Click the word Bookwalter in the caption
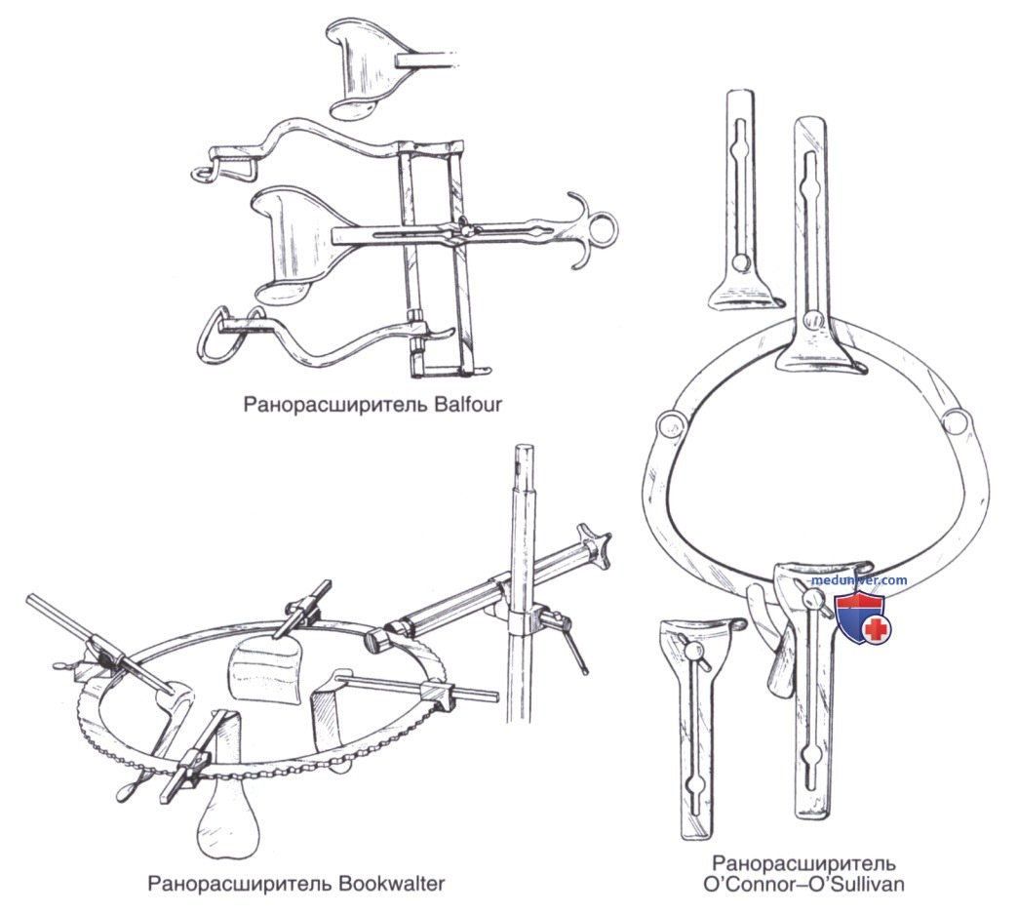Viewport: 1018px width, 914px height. tap(390, 884)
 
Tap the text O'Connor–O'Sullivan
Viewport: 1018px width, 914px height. tap(803, 885)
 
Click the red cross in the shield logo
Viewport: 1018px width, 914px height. tap(877, 629)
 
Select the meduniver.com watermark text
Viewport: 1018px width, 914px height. tap(858, 580)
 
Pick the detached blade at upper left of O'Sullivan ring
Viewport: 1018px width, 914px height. tap(743, 198)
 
